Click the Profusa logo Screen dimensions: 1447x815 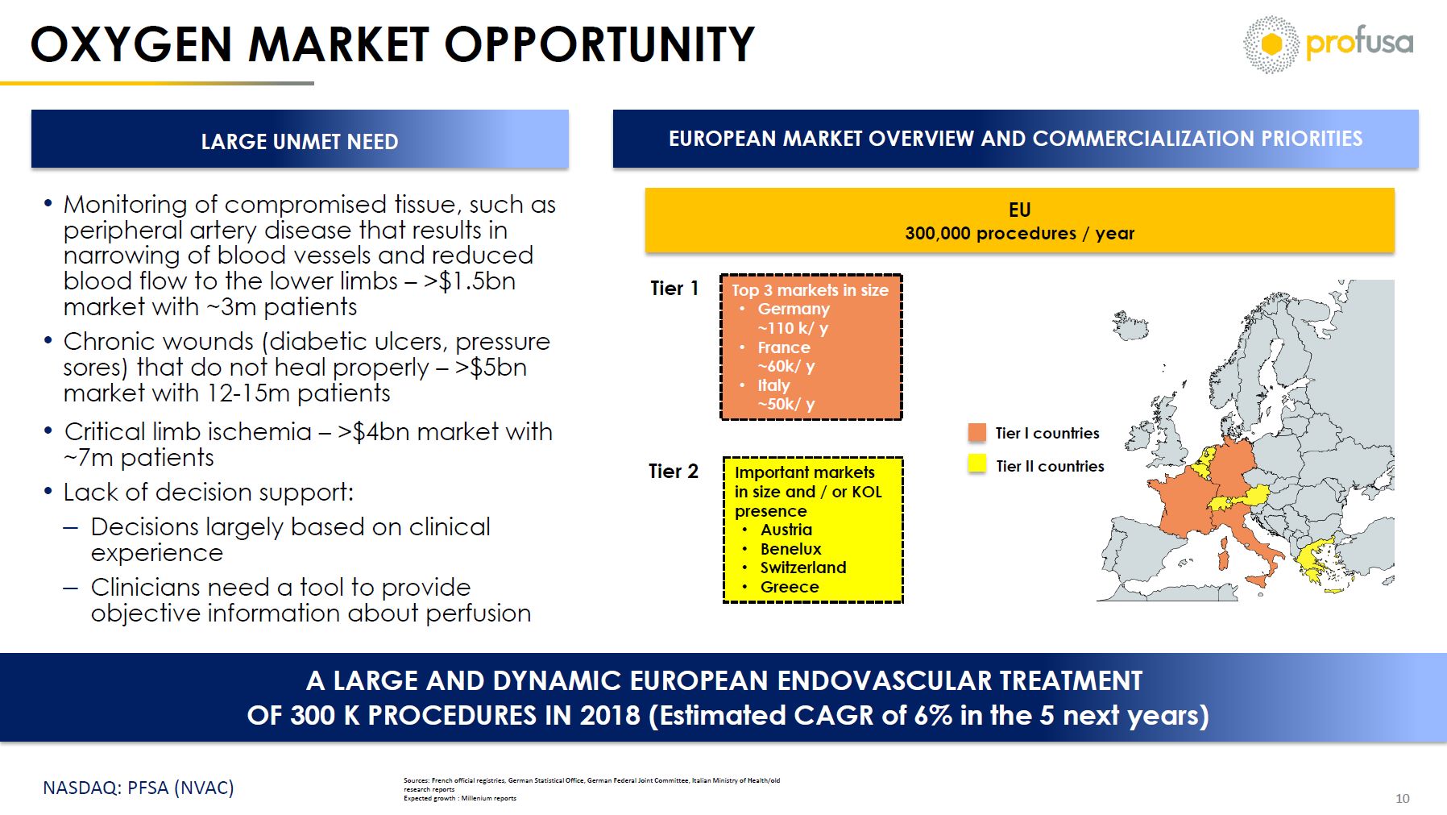[1328, 44]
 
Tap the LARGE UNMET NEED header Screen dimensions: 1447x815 [300, 141]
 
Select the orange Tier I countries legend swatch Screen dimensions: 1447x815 [976, 433]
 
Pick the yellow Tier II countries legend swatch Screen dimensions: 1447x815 [976, 464]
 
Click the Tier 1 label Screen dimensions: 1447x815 [674, 288]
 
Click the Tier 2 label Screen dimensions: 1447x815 [674, 471]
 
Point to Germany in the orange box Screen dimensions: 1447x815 [794, 309]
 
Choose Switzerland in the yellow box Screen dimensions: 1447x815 [803, 568]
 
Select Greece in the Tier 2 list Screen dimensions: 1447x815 [790, 587]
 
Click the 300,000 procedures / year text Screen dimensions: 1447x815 [1019, 233]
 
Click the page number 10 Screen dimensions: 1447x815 [1403, 798]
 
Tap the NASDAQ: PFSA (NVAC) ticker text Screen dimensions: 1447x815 [139, 788]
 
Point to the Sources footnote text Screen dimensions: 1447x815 [591, 789]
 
